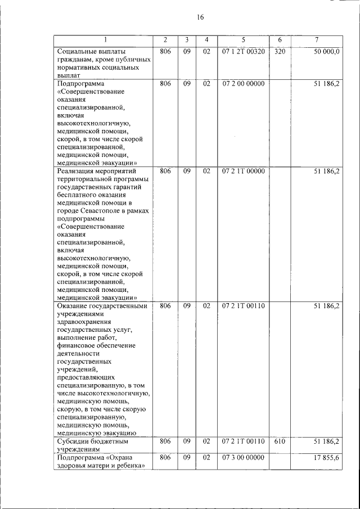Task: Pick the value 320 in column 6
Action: [280, 52]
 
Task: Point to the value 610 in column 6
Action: [280, 442]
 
